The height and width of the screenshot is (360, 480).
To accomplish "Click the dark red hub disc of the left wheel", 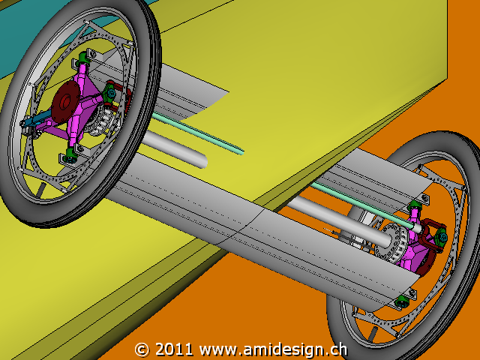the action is tap(65, 102).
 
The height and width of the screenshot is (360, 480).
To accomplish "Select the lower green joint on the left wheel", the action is tap(70, 153).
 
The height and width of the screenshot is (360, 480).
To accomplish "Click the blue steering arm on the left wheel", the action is tap(37, 119).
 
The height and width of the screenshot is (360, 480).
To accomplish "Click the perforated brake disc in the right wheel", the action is tap(391, 241).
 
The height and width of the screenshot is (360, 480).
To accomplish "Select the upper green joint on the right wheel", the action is tap(415, 205).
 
